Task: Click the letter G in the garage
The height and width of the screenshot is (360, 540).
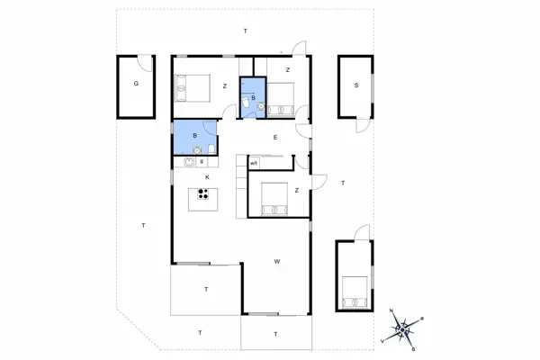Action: (136, 84)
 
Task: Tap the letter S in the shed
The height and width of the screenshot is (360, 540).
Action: (356, 85)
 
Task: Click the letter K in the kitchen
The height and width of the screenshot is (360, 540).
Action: (208, 178)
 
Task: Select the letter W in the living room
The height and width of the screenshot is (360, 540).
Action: (278, 262)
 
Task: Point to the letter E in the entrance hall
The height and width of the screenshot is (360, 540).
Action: (275, 138)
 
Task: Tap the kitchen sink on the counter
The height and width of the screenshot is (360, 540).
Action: (189, 162)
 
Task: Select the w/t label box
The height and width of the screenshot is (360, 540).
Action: (255, 162)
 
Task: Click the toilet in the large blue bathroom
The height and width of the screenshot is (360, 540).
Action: (210, 149)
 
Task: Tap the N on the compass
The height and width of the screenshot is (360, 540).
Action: (392, 311)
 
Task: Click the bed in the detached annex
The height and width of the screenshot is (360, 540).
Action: (354, 291)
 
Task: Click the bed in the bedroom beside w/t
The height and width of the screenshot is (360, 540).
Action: (272, 200)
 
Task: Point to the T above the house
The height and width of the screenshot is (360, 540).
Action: (245, 31)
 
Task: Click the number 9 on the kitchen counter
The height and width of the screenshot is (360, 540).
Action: (202, 162)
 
